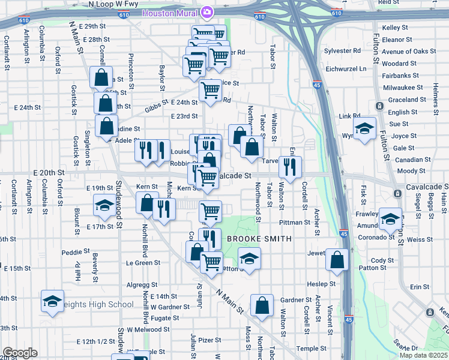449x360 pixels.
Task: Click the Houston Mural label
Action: click(170, 13)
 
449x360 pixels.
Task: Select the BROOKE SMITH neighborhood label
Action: click(259, 239)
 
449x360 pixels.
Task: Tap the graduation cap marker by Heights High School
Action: click(52, 302)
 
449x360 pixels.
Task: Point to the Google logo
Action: click(20, 353)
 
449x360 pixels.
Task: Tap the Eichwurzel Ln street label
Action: click(346, 69)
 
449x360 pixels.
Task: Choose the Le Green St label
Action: click(142, 263)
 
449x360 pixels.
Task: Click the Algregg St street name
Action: click(142, 285)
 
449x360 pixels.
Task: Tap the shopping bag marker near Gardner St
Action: click(262, 305)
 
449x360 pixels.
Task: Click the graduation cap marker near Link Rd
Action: click(364, 129)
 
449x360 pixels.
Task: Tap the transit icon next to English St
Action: click(380, 106)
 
